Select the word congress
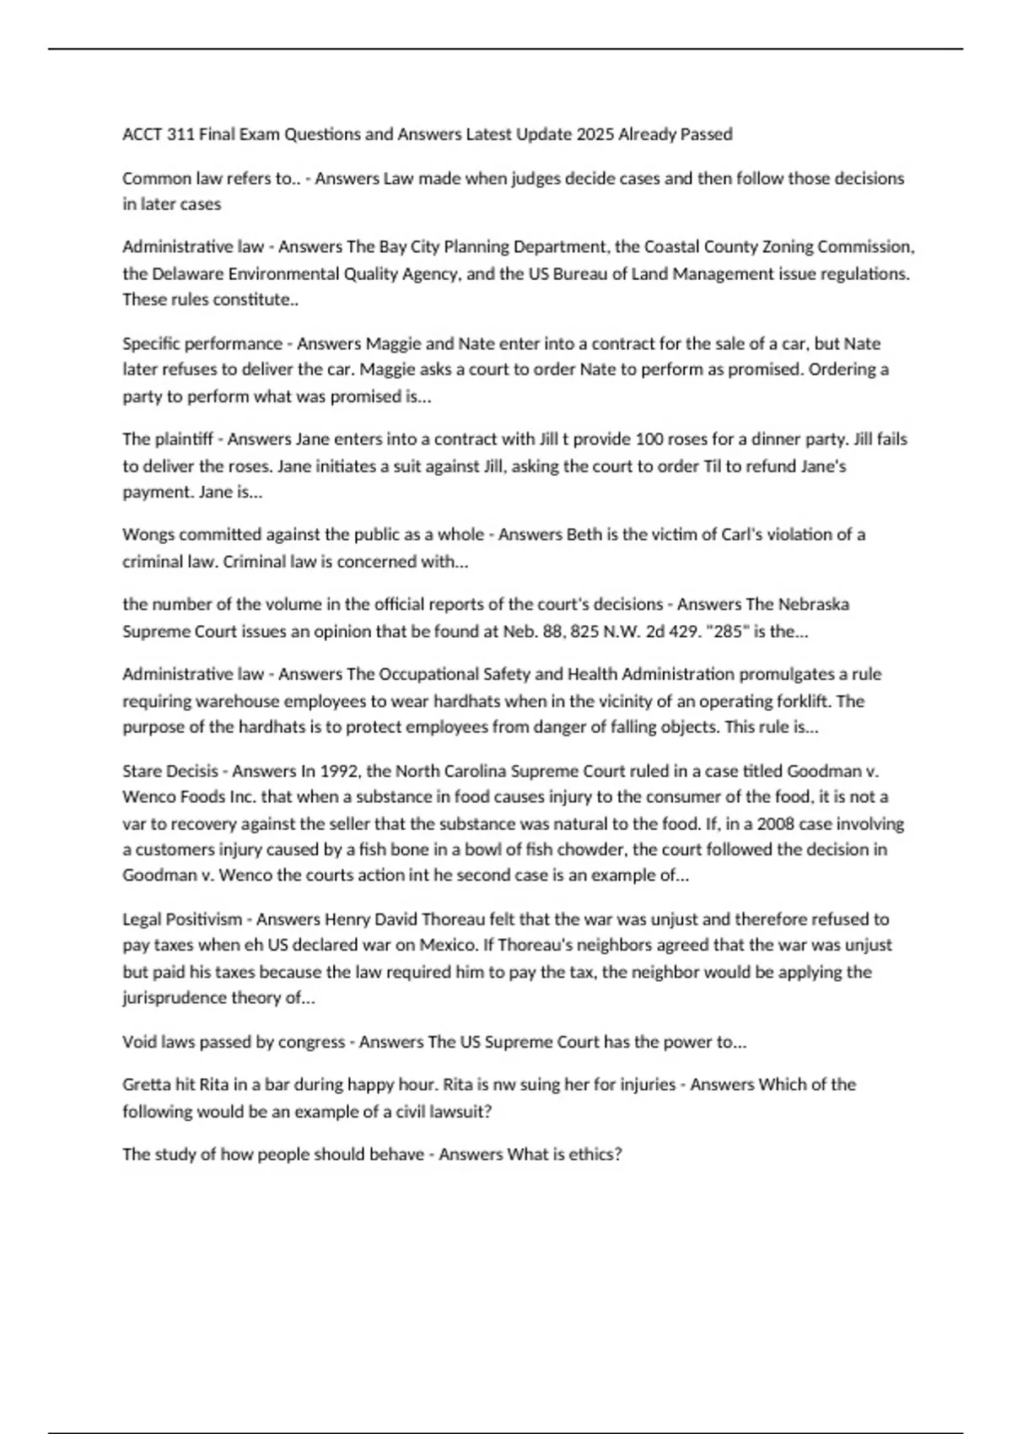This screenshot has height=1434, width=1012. [x=311, y=1042]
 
